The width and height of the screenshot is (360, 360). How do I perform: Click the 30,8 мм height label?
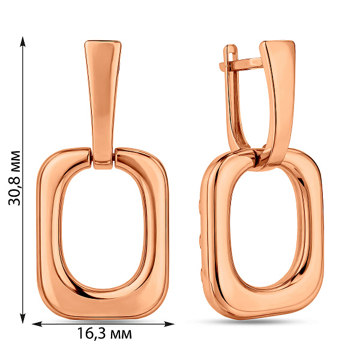pyautogui.click(x=14, y=178)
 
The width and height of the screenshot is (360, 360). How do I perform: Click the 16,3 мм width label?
pyautogui.click(x=104, y=334)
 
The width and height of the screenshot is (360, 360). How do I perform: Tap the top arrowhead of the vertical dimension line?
pyautogui.click(x=23, y=41)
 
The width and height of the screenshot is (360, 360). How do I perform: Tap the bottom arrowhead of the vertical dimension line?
pyautogui.click(x=23, y=318)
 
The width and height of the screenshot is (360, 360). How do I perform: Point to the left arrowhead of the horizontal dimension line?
pyautogui.click(x=37, y=324)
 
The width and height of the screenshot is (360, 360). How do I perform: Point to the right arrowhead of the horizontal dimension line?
pyautogui.click(x=169, y=324)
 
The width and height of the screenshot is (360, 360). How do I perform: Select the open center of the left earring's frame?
pyautogui.click(x=103, y=230)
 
